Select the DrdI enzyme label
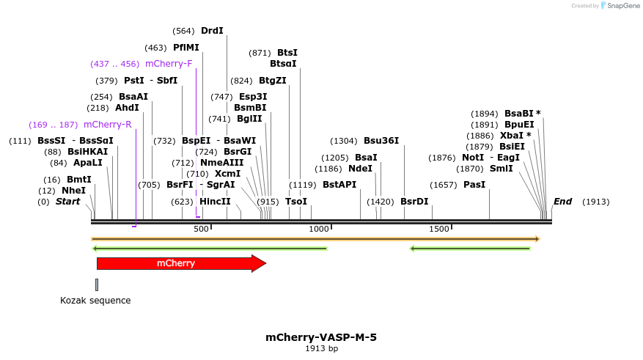coord(212,31)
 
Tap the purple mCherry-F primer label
coord(169,64)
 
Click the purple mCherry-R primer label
coord(107,125)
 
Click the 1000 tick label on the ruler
coord(318,229)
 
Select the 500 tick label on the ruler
coord(201,229)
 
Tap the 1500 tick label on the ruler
coord(438,229)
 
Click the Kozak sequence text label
coord(95,301)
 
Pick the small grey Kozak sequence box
coord(97,284)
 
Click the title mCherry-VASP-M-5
coord(321,337)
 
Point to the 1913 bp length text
coord(321,349)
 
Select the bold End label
coord(562,202)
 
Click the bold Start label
coord(68,202)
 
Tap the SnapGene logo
coord(620,6)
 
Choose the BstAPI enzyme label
coord(339,185)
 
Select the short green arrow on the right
coord(469,249)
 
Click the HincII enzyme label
coord(215,202)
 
